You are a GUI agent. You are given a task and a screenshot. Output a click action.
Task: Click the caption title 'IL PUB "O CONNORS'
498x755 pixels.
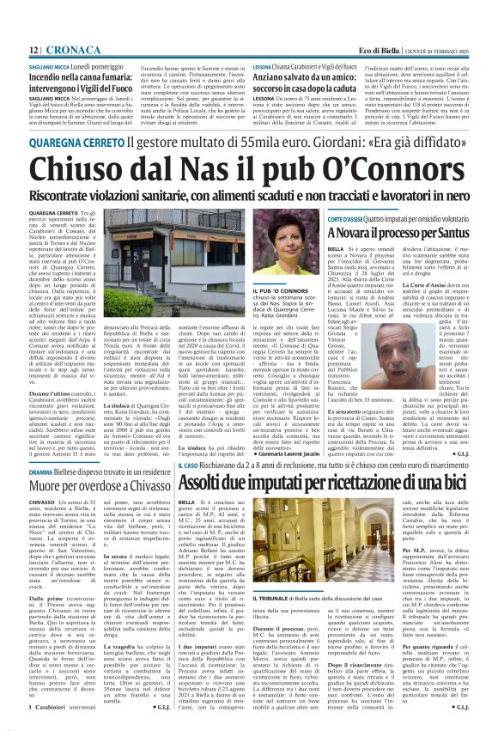tap(282, 293)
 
